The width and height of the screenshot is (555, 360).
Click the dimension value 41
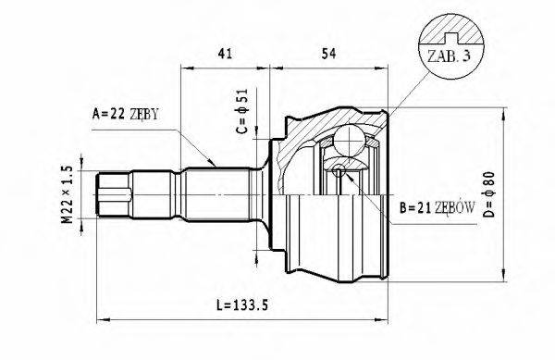225,55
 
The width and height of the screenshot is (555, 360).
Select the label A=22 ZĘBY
126,115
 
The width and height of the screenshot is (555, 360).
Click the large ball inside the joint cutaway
351,140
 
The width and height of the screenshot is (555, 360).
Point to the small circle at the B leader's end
339,169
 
